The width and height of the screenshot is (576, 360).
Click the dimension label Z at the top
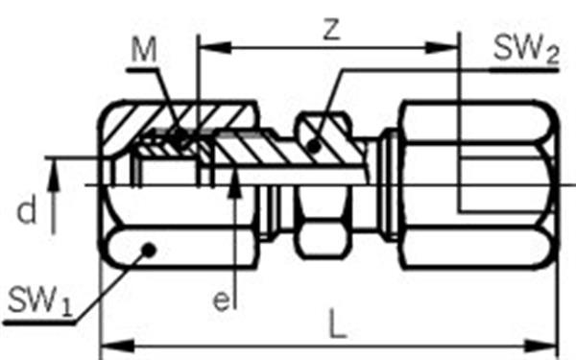pyautogui.click(x=332, y=30)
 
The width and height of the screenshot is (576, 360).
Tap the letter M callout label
pyautogui.click(x=144, y=50)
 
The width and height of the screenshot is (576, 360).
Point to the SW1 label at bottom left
pyautogui.click(x=39, y=301)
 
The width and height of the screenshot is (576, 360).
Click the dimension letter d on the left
pyautogui.click(x=27, y=209)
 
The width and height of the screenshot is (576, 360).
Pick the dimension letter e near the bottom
pyautogui.click(x=221, y=301)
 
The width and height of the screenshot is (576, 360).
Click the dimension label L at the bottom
pyautogui.click(x=338, y=324)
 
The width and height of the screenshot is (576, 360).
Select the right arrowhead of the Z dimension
pyautogui.click(x=442, y=48)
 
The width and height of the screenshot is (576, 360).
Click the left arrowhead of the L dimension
pyautogui.click(x=117, y=347)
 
